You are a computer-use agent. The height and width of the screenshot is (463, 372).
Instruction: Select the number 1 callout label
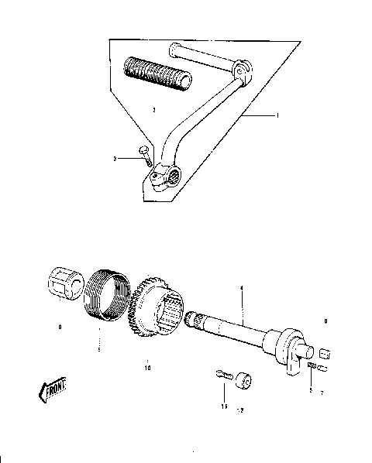277,115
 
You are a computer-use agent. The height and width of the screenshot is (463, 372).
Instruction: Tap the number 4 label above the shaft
241,289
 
